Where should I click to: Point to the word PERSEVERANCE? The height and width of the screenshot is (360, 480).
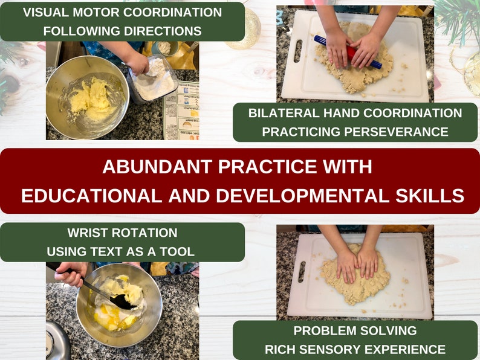(396, 132)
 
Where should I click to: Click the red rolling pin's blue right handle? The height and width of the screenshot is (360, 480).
(373, 62)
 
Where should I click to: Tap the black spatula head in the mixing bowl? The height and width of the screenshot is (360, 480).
(123, 301)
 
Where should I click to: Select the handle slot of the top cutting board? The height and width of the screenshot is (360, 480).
(298, 51)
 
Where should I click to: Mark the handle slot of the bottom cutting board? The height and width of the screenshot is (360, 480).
(302, 272)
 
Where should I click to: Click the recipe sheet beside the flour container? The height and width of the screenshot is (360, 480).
(182, 112)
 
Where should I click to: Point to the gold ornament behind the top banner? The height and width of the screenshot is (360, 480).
(244, 30)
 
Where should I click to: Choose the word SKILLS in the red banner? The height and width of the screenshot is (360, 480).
(430, 196)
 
